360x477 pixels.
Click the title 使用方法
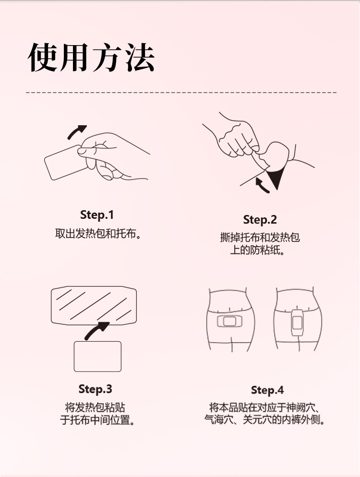(91, 58)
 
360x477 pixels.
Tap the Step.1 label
(97, 215)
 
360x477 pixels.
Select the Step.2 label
(260, 220)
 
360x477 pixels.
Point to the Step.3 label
(95, 389)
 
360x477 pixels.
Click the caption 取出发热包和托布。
(98, 234)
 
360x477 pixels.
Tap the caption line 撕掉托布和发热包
(260, 238)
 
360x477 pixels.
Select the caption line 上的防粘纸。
(257, 250)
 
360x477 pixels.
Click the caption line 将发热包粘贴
(95, 407)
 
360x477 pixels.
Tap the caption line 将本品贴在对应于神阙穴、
(265, 407)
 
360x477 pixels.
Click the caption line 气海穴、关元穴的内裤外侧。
(265, 420)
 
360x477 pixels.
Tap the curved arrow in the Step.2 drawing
(261, 185)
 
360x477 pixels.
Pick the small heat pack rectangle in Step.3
(97, 357)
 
